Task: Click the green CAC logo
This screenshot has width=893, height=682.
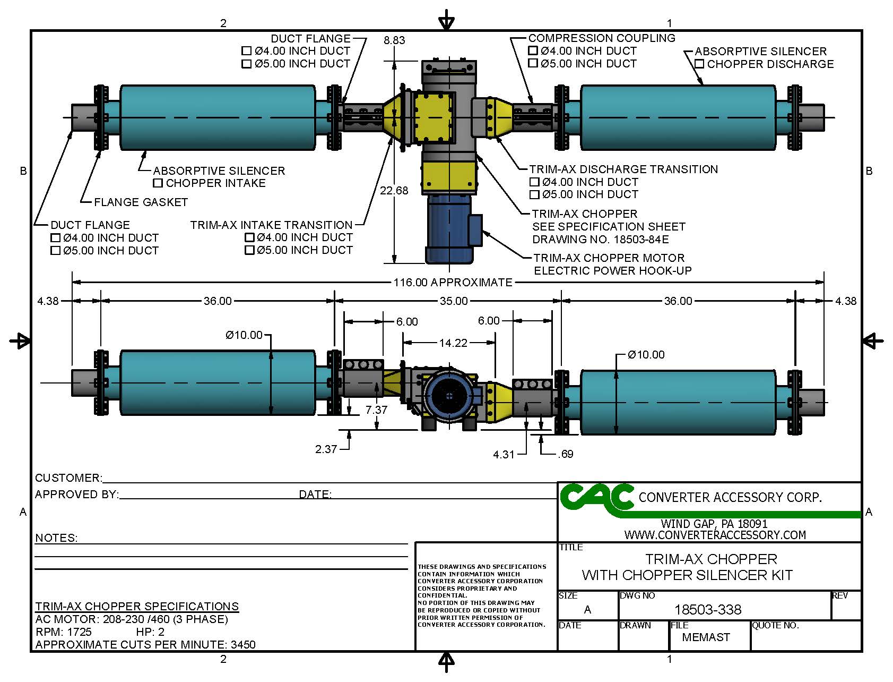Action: pyautogui.click(x=596, y=498)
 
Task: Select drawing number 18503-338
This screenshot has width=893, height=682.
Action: pyautogui.click(x=707, y=610)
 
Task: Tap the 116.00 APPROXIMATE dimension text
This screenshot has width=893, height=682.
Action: pyautogui.click(x=453, y=283)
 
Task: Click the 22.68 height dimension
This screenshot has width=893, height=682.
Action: pyautogui.click(x=394, y=191)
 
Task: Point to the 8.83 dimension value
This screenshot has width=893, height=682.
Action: pyautogui.click(x=394, y=40)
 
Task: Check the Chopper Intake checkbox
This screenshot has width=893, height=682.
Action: pyautogui.click(x=158, y=183)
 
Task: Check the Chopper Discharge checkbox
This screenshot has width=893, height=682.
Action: pyautogui.click(x=699, y=64)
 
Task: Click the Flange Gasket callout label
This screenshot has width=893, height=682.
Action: pyautogui.click(x=141, y=202)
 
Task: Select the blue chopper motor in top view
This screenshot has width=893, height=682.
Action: pyautogui.click(x=449, y=228)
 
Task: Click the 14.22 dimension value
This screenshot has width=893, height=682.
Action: pyautogui.click(x=453, y=343)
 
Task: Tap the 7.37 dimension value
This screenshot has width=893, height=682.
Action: pyautogui.click(x=376, y=410)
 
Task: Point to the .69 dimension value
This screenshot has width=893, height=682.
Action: pyautogui.click(x=566, y=454)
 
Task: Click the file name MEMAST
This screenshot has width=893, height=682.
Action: pyautogui.click(x=706, y=637)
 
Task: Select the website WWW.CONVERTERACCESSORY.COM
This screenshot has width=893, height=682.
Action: pyautogui.click(x=715, y=535)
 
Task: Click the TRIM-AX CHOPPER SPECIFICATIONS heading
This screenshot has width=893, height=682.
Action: pyautogui.click(x=137, y=607)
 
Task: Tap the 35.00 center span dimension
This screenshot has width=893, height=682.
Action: pyautogui.click(x=454, y=301)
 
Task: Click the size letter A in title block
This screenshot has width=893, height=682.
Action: pyautogui.click(x=587, y=610)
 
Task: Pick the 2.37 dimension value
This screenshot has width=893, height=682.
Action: pyautogui.click(x=326, y=449)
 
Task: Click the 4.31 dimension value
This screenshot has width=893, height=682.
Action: pyautogui.click(x=504, y=455)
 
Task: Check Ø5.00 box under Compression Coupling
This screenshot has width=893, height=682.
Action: pyautogui.click(x=533, y=64)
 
